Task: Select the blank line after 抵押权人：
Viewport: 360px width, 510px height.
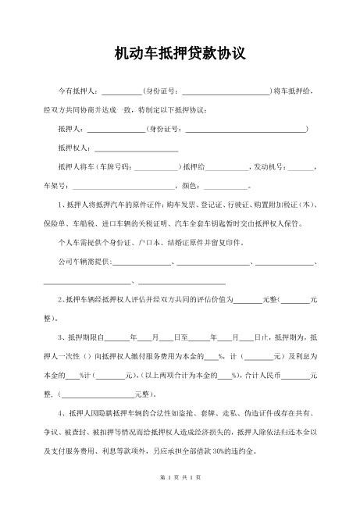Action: [x=136, y=148]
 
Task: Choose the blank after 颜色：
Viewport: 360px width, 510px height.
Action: [x=225, y=187]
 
